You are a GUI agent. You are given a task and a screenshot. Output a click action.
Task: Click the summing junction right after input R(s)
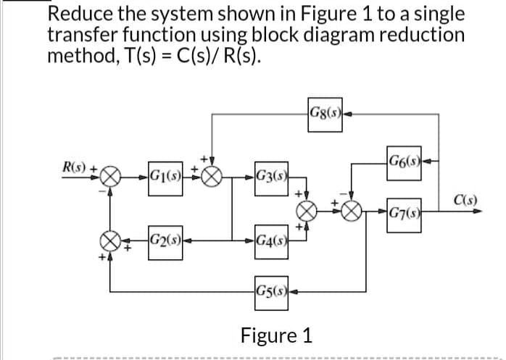[110, 176]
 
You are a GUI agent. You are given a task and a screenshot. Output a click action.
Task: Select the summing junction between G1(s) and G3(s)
[212, 176]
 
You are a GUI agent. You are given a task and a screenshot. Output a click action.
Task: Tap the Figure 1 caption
[278, 335]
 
